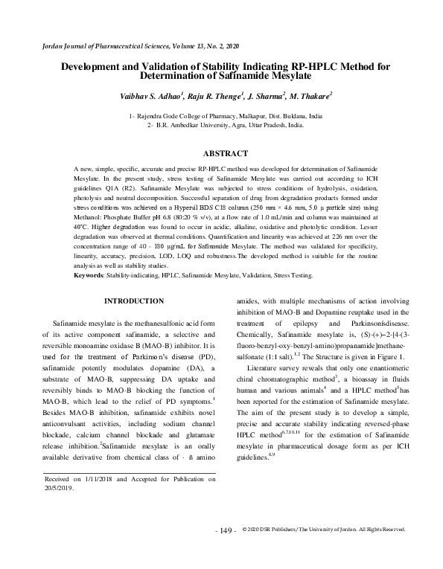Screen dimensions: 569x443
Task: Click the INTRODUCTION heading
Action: coord(134,300)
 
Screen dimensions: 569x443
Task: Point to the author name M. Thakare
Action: coord(311,96)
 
